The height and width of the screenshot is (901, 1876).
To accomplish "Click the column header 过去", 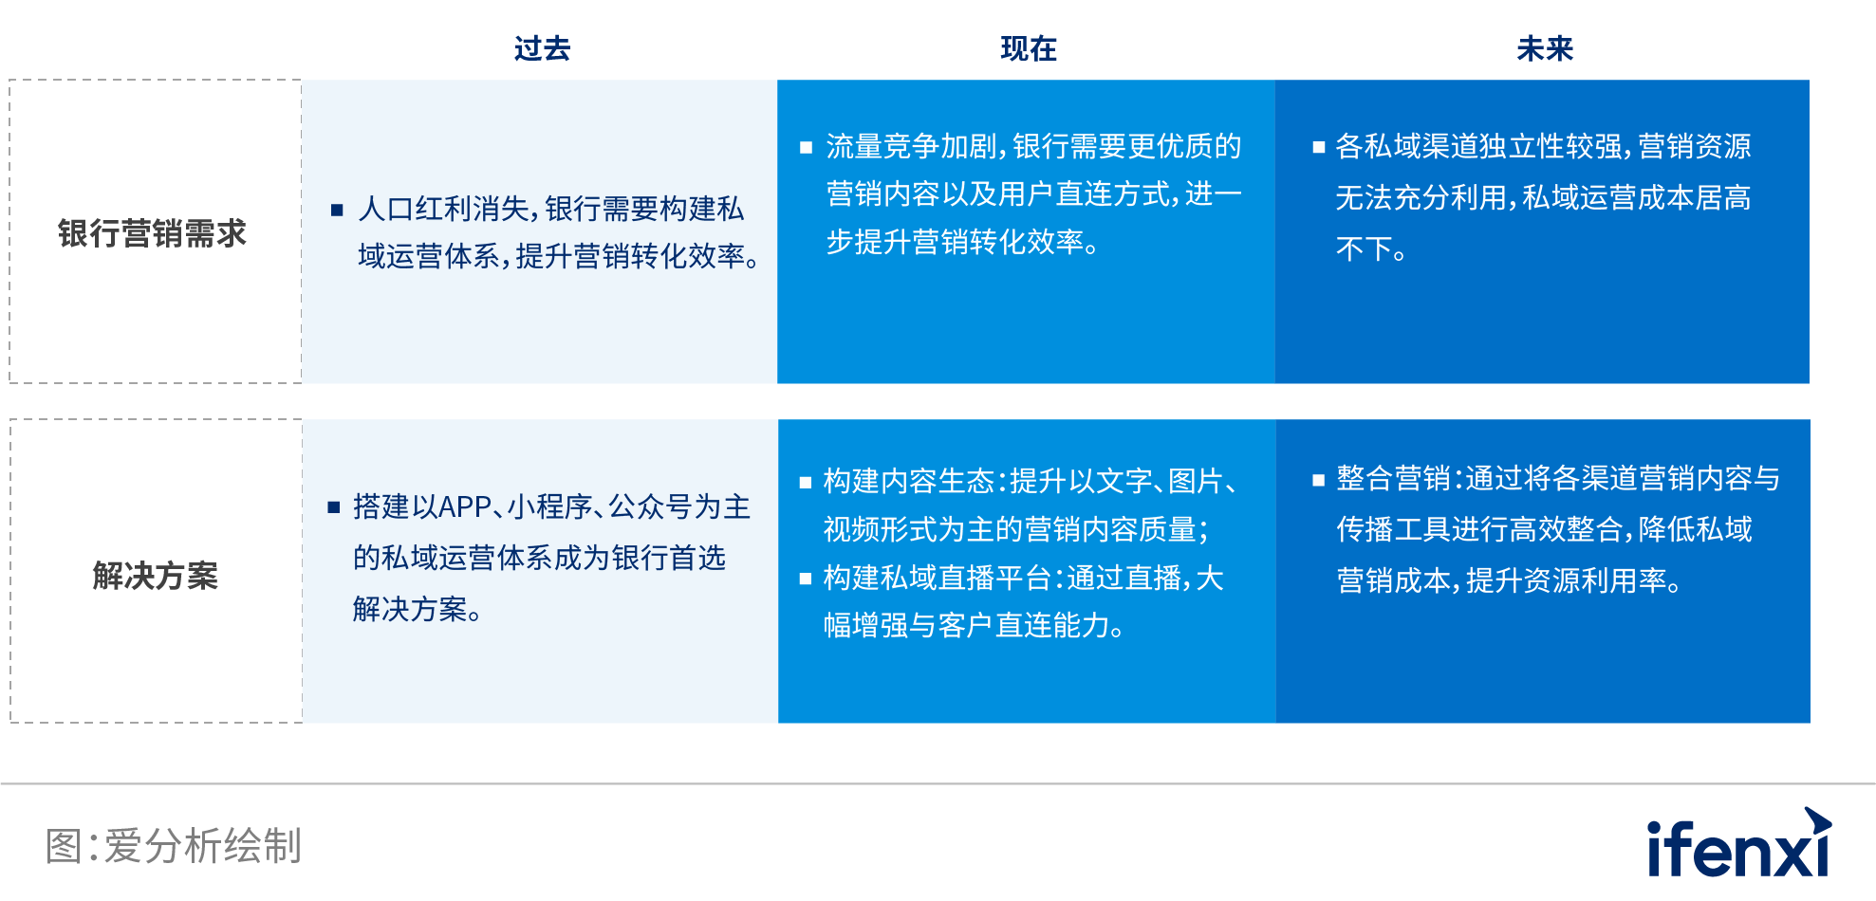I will click(x=542, y=48).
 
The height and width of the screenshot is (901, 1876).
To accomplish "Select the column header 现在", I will click(x=1029, y=48).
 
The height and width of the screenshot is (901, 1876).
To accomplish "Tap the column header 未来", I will click(x=1545, y=48).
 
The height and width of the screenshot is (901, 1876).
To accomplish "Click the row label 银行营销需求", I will click(x=152, y=233).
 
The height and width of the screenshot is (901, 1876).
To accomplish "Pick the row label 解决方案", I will click(x=156, y=576).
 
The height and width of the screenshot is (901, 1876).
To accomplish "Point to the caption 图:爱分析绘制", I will click(x=174, y=846).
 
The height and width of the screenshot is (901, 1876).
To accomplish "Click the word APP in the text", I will click(x=465, y=507).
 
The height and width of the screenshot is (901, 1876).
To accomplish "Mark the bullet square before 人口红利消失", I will click(x=336, y=210).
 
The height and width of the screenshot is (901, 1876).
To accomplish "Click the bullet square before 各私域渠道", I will click(x=1318, y=147).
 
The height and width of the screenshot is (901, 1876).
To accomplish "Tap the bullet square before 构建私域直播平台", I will click(x=806, y=579).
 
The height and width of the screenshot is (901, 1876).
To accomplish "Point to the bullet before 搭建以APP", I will click(x=333, y=507).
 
